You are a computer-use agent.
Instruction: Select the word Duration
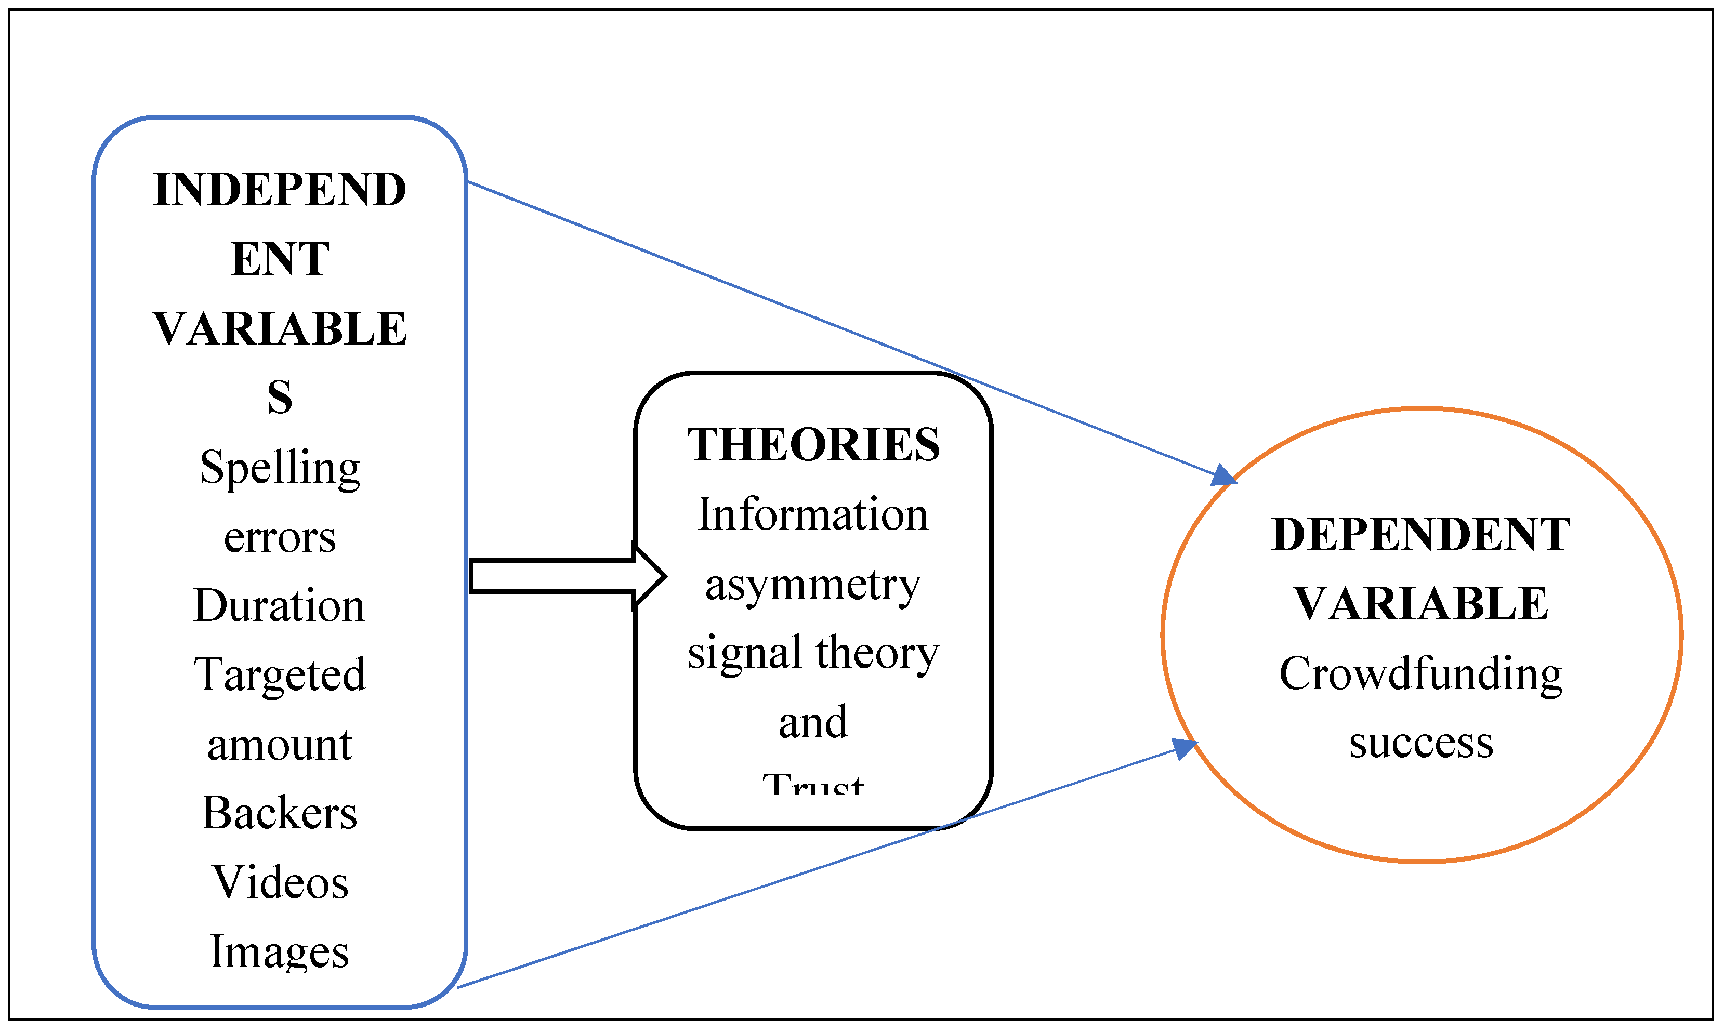[280, 606]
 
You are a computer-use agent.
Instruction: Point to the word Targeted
[280, 674]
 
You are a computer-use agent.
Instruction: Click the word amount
[280, 745]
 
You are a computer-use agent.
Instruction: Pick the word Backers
[280, 813]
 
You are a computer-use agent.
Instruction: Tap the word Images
[280, 951]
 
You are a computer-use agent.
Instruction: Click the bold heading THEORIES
[813, 445]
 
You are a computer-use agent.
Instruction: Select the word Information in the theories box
[813, 514]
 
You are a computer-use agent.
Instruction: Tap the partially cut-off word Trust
[813, 785]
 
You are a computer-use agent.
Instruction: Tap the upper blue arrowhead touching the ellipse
[1223, 475]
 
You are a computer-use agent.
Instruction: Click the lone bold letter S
[280, 398]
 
